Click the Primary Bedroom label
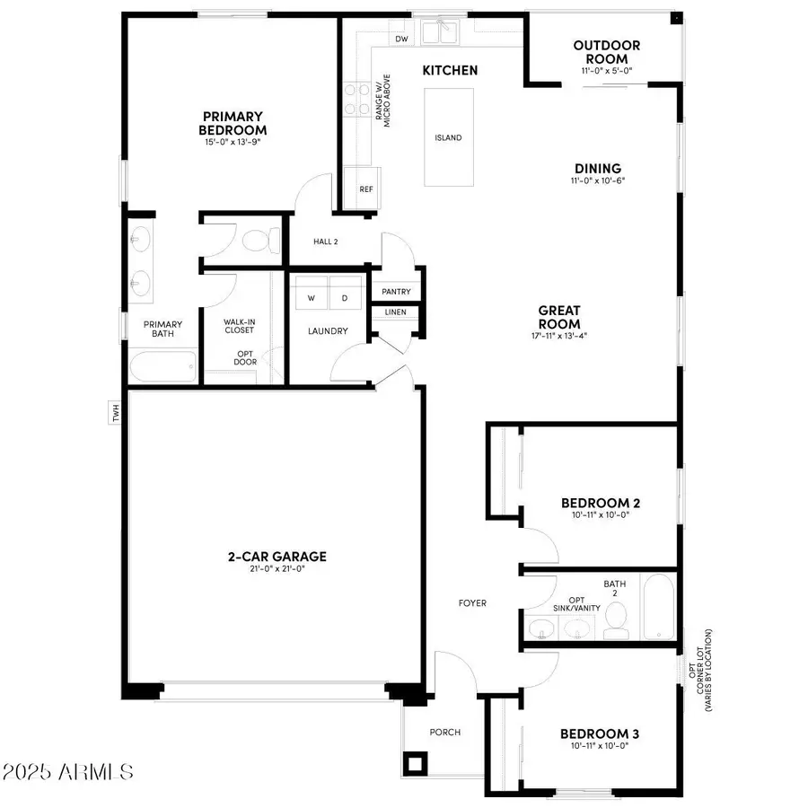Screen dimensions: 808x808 coord(232,123)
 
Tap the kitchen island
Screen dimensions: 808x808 coord(448,137)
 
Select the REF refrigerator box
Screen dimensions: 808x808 coord(365,189)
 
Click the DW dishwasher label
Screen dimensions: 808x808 coord(401,40)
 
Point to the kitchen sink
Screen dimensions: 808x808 coord(440,33)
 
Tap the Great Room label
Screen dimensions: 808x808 coord(558,318)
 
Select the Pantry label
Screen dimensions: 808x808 coord(396,292)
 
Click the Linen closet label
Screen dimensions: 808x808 coord(395,312)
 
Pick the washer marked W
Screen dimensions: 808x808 coord(312,297)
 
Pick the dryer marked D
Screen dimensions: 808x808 coord(344,297)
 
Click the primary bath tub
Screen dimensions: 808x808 coord(162,368)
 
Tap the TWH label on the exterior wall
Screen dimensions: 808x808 coord(115,413)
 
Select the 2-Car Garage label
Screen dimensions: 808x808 coord(276,557)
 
